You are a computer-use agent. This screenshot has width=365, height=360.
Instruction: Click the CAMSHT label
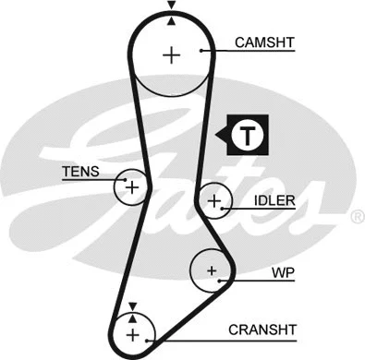(x=266, y=42)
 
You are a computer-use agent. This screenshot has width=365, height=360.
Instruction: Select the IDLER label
(x=274, y=200)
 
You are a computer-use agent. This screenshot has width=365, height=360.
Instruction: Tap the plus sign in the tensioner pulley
(x=131, y=188)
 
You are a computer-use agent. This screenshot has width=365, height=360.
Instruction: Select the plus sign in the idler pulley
(x=214, y=200)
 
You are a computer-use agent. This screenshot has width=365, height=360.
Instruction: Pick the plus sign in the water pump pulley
(x=212, y=270)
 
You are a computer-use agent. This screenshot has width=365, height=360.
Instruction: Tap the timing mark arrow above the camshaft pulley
(x=171, y=8)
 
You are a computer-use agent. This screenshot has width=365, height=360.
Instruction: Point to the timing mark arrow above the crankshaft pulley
(x=132, y=306)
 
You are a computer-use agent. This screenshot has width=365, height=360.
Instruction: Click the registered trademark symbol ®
(x=356, y=218)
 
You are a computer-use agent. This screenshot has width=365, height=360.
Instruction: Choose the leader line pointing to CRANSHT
(x=199, y=330)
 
